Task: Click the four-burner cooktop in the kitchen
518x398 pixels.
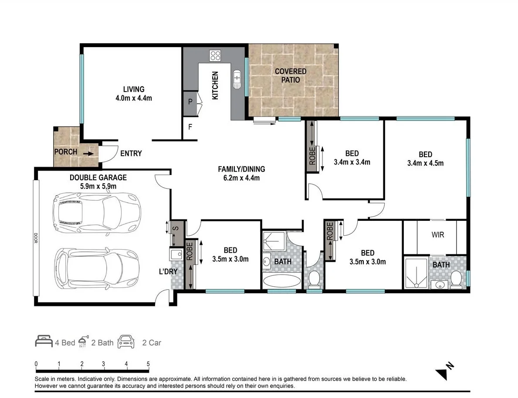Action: (215, 55)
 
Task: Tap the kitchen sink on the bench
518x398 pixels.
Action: (237, 79)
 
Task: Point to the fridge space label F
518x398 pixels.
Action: (190, 128)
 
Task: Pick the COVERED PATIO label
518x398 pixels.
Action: (290, 75)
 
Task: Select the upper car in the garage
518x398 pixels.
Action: (96, 212)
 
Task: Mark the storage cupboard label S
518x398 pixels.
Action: (176, 228)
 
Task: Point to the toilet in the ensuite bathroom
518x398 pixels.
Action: (456, 279)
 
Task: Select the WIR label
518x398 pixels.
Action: (438, 235)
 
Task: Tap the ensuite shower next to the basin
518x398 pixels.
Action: (416, 273)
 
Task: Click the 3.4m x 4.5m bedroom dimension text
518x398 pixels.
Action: (425, 163)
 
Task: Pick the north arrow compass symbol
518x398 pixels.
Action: (444, 371)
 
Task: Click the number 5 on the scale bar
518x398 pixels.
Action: (148, 364)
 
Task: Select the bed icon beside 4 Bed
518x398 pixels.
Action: (44, 342)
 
